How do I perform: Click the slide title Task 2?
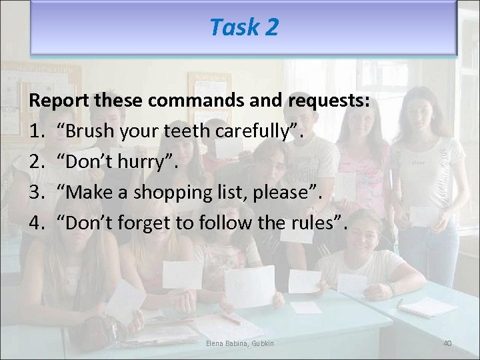click(243, 27)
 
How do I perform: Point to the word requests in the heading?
click(329, 101)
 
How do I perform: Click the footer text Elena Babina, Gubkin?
click(240, 343)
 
